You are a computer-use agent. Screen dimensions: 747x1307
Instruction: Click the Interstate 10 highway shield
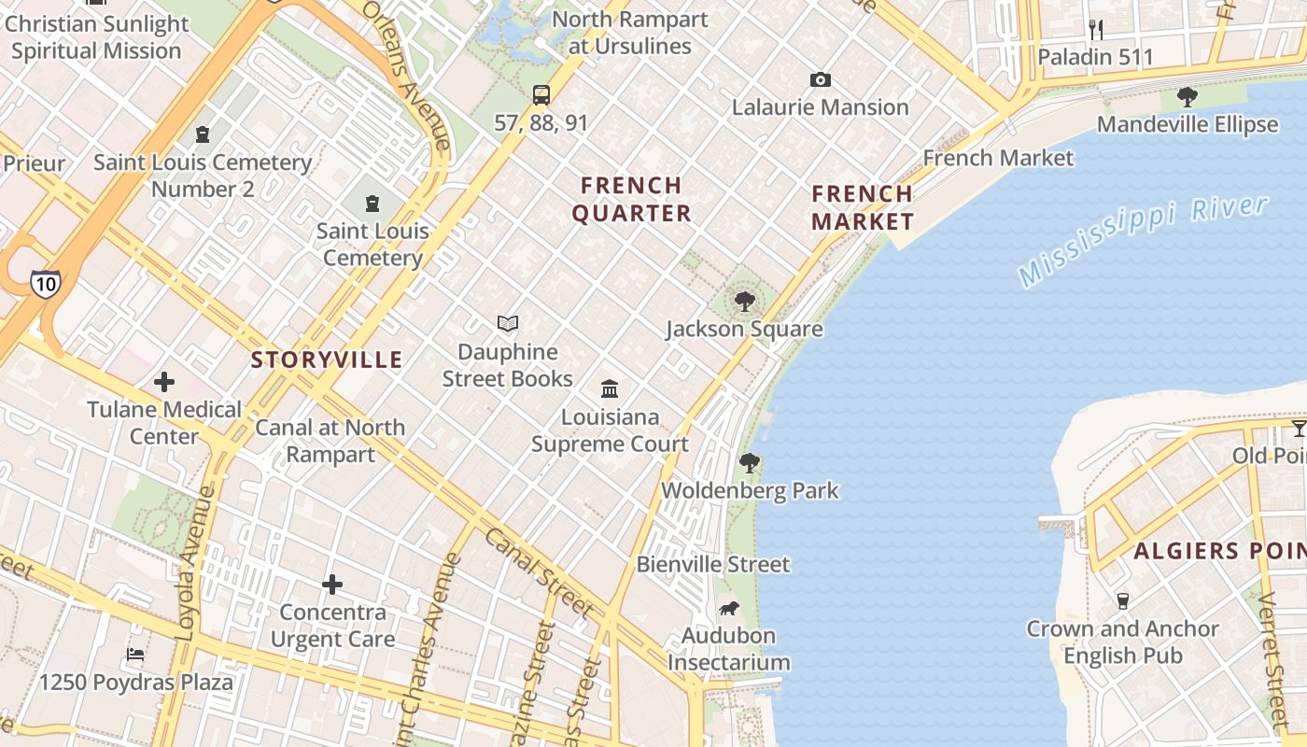[45, 283]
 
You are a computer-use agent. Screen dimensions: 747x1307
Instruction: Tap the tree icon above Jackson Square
[744, 301]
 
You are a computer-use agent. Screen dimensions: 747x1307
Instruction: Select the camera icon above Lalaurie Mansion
[820, 80]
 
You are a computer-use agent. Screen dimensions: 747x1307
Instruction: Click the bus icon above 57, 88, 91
[541, 94]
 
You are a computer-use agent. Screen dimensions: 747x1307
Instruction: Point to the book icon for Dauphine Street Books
[508, 323]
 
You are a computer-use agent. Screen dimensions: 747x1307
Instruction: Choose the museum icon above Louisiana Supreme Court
[610, 388]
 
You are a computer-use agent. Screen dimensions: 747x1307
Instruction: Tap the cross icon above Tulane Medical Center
[164, 381]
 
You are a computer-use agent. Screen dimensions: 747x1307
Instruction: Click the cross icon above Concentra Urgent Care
[332, 585]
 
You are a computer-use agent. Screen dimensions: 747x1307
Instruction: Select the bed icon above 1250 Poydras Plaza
[135, 655]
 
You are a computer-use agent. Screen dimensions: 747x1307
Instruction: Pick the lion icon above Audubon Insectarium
[729, 609]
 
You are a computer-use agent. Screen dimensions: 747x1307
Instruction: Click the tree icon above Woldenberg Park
[749, 462]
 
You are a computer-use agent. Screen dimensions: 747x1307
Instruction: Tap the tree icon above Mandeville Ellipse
[1187, 96]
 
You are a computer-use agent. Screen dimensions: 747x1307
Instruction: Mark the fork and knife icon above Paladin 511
[1096, 30]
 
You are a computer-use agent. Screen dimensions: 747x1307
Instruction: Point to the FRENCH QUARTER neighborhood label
[631, 199]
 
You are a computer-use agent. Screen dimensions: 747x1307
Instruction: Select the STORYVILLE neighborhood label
[327, 359]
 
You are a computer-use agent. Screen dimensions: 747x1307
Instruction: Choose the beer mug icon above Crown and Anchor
[1123, 600]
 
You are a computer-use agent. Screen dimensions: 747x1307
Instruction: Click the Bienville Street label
[713, 564]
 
